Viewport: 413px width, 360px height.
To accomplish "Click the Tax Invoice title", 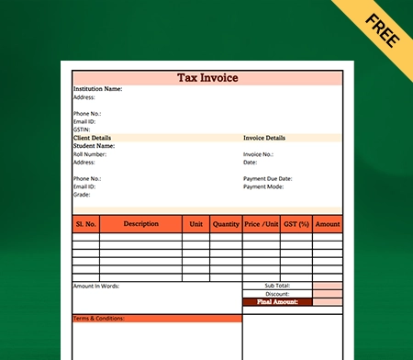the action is click(x=207, y=78).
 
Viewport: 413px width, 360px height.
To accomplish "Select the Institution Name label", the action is click(x=97, y=89).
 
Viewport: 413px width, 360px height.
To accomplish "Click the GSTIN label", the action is click(x=82, y=129).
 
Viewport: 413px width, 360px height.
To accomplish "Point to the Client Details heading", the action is click(x=92, y=138).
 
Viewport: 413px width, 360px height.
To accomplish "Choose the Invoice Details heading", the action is click(x=264, y=138).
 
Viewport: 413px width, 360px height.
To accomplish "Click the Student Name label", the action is click(x=94, y=146).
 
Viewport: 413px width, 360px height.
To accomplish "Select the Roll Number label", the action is click(x=90, y=154).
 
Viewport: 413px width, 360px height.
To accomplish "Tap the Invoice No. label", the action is click(x=258, y=154).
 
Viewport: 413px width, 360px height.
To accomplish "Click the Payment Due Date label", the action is click(x=268, y=178).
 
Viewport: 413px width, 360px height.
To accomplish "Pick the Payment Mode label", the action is click(x=263, y=186).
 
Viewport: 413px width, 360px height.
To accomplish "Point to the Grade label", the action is click(x=82, y=195).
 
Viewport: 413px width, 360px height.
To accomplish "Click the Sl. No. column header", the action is click(x=86, y=224).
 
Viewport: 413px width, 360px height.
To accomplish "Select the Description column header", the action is click(x=140, y=224).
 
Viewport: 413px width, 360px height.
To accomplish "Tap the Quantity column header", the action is click(x=226, y=224).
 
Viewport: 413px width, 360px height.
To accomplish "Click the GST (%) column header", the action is click(x=296, y=224).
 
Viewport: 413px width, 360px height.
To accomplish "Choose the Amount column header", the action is click(x=327, y=224).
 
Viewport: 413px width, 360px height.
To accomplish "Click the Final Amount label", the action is click(x=277, y=301).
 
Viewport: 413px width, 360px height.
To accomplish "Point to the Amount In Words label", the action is click(x=96, y=287).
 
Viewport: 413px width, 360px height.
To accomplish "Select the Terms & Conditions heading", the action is click(x=98, y=319).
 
